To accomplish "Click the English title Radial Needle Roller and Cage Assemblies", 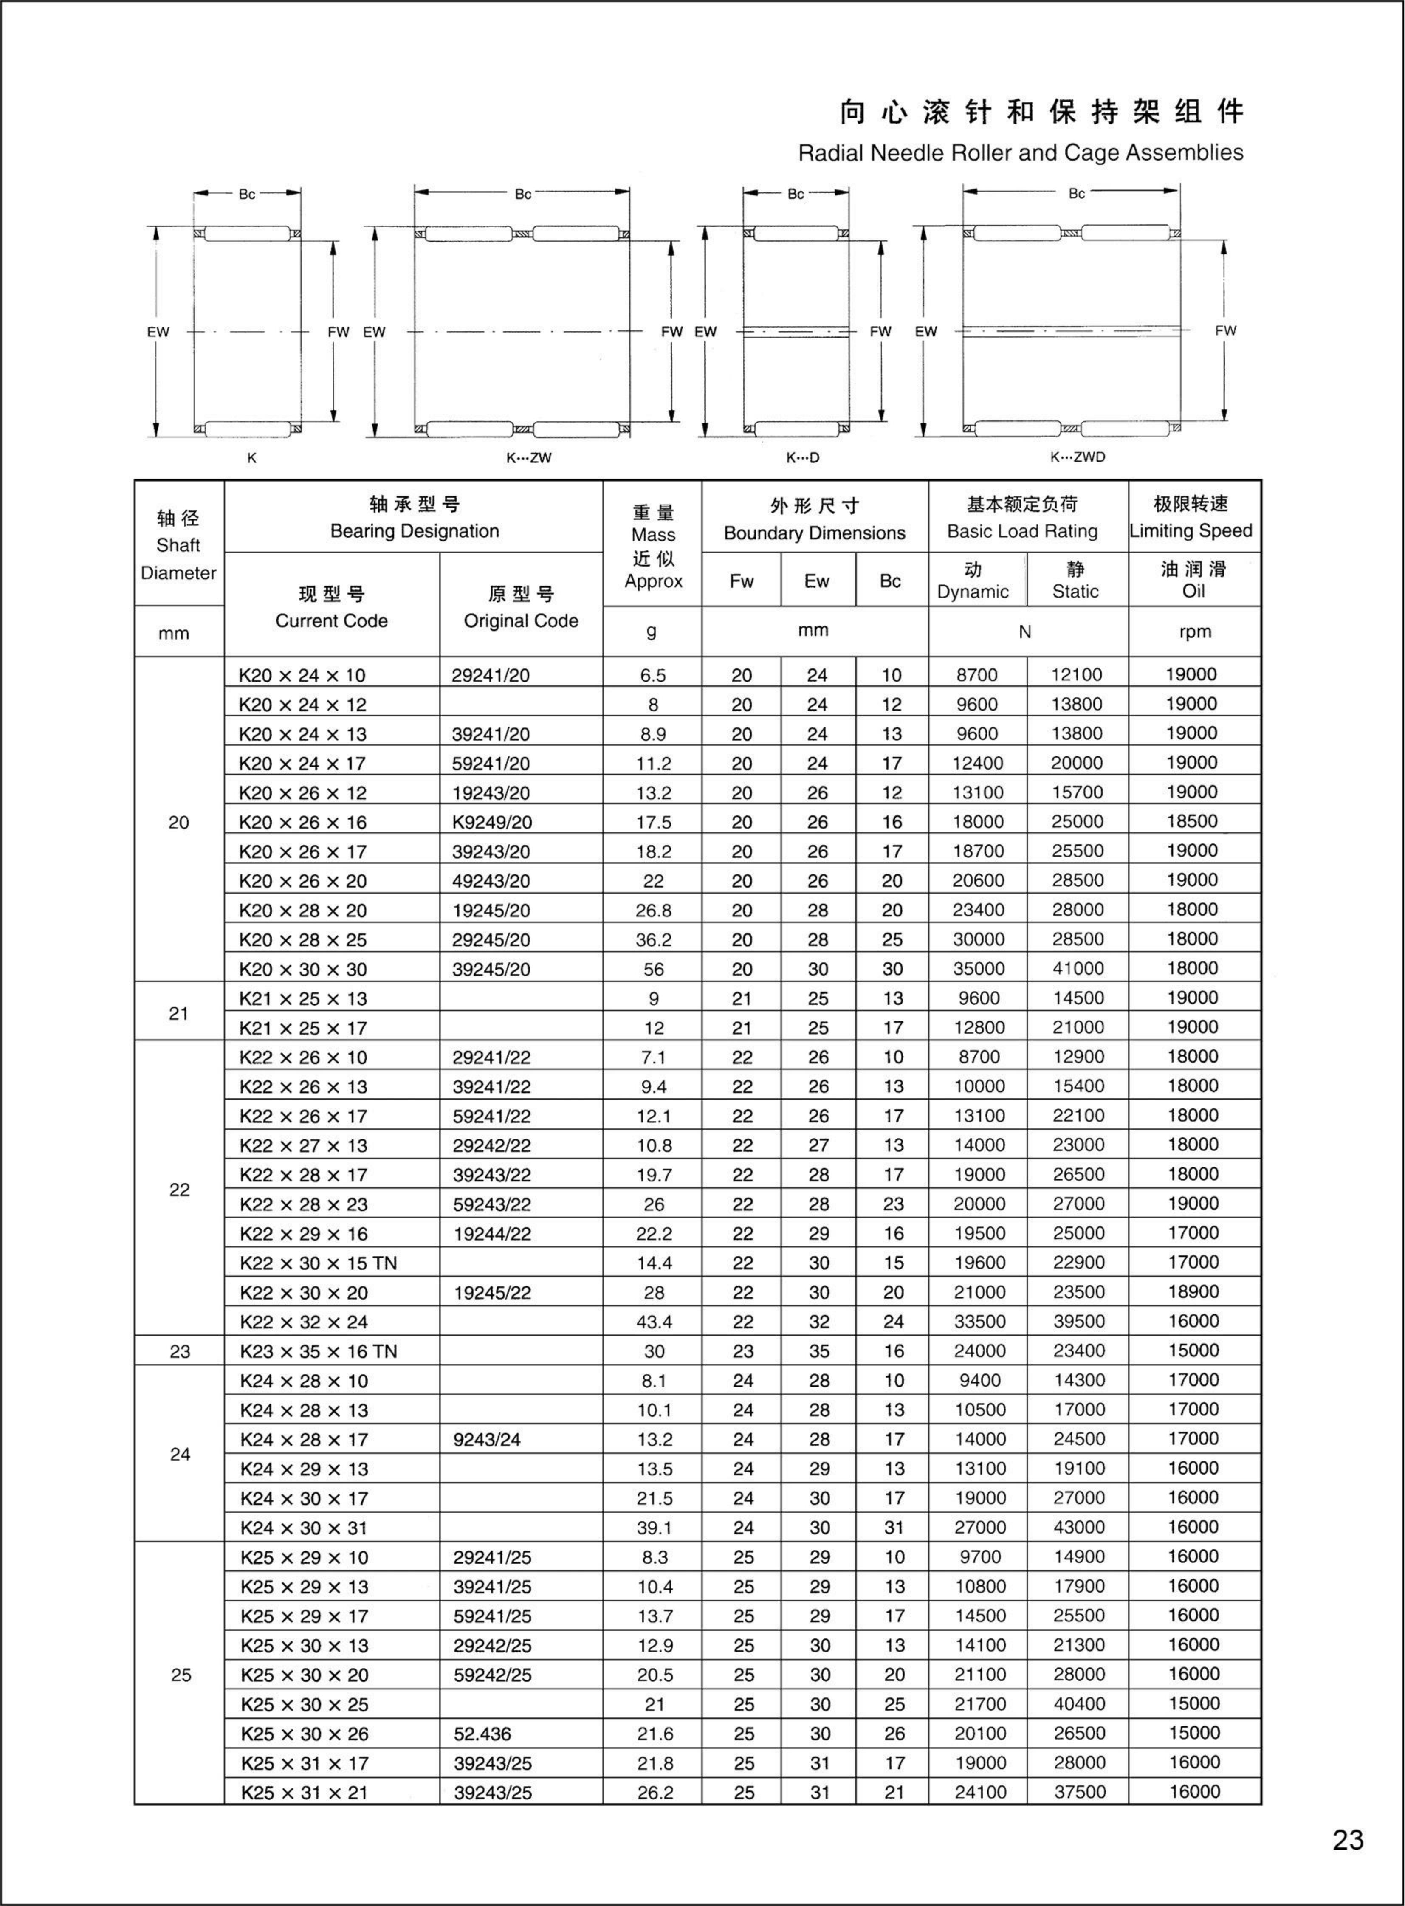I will pos(1020,153).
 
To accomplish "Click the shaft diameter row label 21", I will pos(179,1013).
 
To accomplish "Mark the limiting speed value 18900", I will pos(1192,1292).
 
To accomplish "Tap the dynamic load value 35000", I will pos(978,969).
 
